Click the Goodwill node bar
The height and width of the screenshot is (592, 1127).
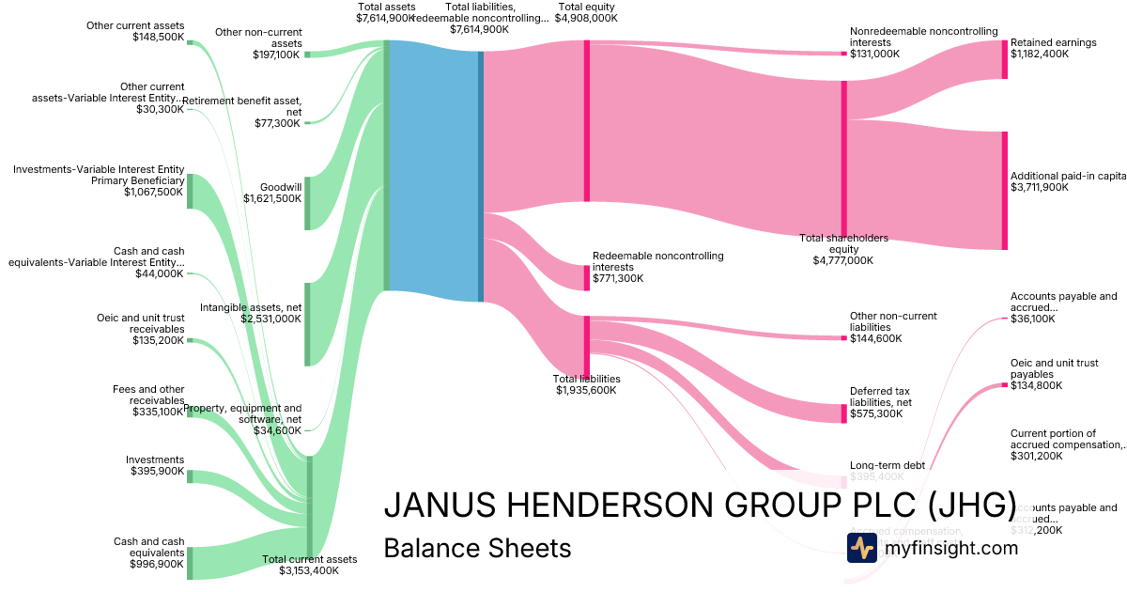306,203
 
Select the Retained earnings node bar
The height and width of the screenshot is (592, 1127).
1004,59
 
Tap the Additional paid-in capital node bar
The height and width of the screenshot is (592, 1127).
1004,191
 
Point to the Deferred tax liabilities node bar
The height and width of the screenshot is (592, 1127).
843,413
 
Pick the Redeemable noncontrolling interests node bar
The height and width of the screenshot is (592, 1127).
587,278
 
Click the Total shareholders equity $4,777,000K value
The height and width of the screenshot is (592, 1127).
843,260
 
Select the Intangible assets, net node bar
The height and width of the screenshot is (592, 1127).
306,323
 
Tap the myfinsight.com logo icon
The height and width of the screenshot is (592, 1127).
861,548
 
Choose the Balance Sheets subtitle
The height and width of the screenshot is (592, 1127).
477,548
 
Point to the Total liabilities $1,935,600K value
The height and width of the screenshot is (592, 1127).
586,390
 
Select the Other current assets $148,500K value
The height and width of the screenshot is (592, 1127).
158,38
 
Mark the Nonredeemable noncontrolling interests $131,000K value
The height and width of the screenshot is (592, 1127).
874,54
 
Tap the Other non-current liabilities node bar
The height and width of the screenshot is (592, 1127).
843,338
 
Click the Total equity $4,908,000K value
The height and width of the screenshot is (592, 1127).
586,18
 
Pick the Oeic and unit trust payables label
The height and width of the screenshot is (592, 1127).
1054,368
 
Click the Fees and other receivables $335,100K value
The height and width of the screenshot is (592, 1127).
158,412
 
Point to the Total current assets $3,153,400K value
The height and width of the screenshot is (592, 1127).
309,570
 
